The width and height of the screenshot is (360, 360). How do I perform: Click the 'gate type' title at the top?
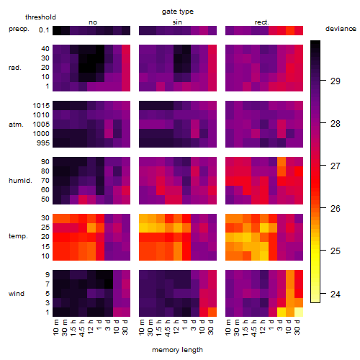click(x=178, y=12)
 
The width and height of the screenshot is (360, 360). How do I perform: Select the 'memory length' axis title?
click(x=177, y=350)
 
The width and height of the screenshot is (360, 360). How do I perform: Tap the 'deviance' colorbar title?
click(x=341, y=29)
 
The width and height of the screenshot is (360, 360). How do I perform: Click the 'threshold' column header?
click(x=40, y=17)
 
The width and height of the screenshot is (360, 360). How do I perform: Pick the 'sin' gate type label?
click(x=177, y=22)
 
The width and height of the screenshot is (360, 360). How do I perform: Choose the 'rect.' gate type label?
click(x=261, y=22)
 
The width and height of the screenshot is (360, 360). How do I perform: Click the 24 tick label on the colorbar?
click(x=336, y=294)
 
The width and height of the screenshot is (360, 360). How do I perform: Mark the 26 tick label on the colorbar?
click(x=336, y=209)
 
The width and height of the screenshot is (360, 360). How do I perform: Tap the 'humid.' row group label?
click(x=20, y=181)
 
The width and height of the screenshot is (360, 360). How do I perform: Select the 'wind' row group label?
click(x=17, y=294)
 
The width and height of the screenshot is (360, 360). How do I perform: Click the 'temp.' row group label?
click(x=18, y=236)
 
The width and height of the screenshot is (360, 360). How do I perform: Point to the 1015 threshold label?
click(x=41, y=106)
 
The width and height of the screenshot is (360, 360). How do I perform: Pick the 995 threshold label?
click(x=43, y=143)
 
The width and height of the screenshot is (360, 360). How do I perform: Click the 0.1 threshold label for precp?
click(x=44, y=30)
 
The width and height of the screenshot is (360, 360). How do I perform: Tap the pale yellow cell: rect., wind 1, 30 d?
click(x=299, y=312)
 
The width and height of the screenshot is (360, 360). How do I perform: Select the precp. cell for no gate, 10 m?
click(x=57, y=30)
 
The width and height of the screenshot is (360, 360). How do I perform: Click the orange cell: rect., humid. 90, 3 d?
click(x=282, y=162)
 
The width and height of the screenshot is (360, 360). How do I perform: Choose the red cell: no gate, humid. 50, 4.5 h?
click(x=83, y=199)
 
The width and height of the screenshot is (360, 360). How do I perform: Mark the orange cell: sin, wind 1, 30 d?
click(x=212, y=312)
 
